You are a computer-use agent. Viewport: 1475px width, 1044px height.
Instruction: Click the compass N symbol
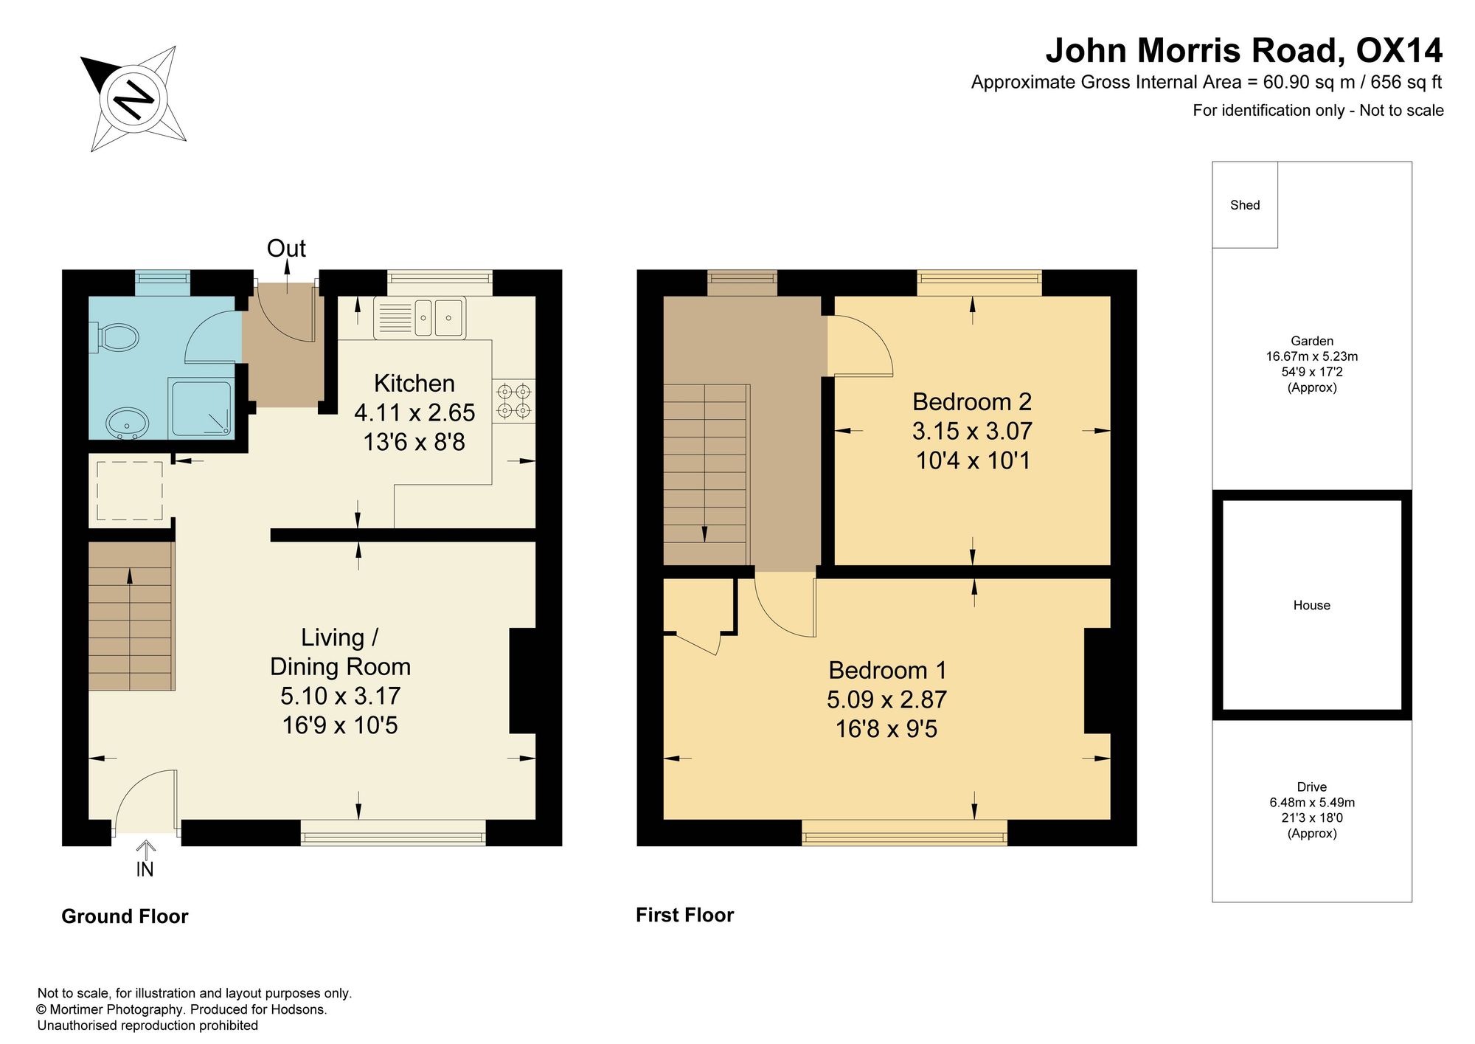[x=133, y=97]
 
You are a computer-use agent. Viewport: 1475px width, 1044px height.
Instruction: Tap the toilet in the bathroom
[x=117, y=338]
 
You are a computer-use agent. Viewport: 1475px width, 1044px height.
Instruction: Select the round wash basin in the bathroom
[x=128, y=424]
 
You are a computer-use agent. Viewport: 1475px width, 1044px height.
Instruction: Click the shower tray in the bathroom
[x=201, y=407]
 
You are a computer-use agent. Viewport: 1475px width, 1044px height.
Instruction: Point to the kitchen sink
[x=420, y=317]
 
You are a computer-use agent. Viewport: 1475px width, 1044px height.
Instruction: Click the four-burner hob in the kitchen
[x=513, y=401]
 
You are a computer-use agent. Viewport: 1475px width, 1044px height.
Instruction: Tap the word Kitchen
[x=414, y=384]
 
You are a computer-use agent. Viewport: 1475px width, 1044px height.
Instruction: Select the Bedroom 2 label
[x=972, y=402]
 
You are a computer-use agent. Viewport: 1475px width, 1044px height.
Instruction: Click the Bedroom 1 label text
[x=887, y=671]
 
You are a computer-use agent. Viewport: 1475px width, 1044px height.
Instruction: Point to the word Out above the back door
[x=286, y=249]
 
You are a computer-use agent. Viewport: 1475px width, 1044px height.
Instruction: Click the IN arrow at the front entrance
[x=146, y=850]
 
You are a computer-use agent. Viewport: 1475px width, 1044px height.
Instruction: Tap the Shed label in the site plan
[x=1245, y=205]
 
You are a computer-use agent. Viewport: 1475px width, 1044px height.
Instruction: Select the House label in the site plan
[x=1312, y=605]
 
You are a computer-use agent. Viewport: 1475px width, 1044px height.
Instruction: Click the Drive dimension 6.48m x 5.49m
[x=1312, y=803]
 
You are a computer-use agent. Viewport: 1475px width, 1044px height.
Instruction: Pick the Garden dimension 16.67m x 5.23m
[x=1312, y=356]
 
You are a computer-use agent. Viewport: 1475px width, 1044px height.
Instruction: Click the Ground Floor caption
[x=125, y=916]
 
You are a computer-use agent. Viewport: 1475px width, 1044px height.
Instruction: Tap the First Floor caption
[x=685, y=915]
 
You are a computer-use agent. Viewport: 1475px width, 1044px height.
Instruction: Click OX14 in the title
[x=1400, y=50]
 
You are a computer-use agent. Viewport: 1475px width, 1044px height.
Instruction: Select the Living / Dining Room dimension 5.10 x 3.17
[x=341, y=696]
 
